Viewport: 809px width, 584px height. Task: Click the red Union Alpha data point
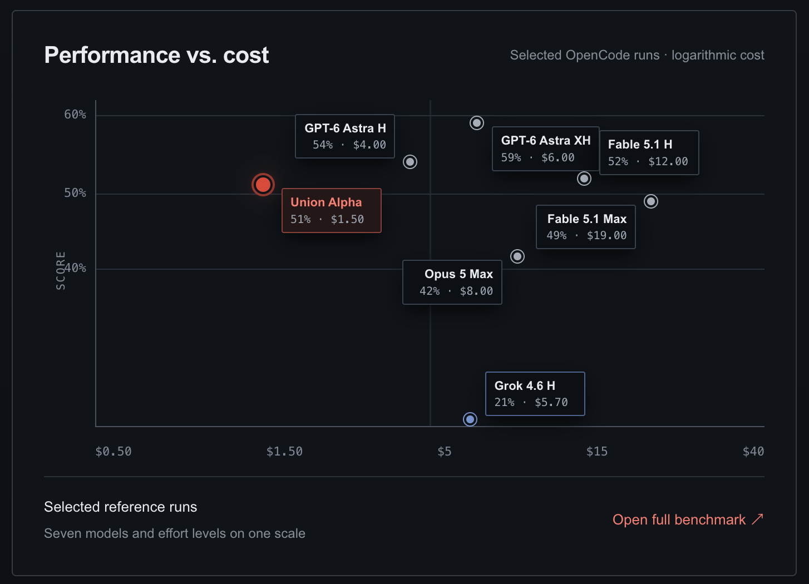263,185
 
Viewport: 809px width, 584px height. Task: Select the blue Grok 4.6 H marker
470,419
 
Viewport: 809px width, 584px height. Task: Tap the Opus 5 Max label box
452,282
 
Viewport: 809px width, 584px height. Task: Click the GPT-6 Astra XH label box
546,149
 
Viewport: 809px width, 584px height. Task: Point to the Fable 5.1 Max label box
586,227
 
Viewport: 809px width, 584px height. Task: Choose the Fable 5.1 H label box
649,153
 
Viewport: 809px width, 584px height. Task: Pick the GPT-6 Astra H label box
345,136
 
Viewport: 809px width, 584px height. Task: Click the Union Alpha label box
332,210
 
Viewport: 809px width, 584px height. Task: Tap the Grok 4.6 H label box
535,394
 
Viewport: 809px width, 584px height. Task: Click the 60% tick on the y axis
75,115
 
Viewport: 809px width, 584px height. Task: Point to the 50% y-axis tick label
75,193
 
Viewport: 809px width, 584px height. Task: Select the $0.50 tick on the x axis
114,451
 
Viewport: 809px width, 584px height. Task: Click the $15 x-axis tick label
596,451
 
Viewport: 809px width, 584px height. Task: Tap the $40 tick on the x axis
753,451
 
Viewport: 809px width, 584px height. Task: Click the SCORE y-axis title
61,271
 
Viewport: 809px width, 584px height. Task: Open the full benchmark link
688,519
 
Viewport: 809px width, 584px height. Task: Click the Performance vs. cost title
156,55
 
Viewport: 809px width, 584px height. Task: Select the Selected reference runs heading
121,507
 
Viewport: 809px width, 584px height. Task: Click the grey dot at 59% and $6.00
477,123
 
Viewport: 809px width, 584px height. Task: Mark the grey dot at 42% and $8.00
517,256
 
